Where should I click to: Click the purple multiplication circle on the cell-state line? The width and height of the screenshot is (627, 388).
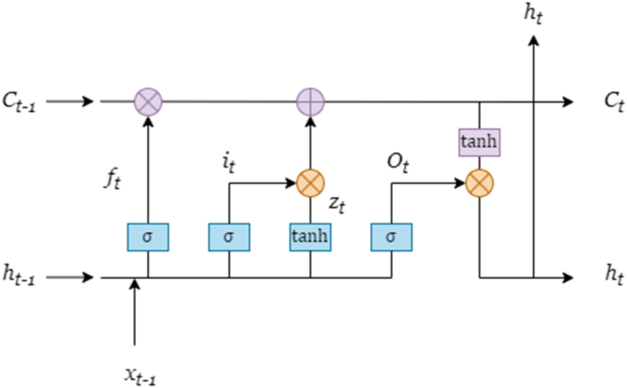(x=148, y=102)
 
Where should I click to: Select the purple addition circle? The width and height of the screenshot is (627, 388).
(x=310, y=102)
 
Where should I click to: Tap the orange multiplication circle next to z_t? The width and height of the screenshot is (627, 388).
(x=310, y=183)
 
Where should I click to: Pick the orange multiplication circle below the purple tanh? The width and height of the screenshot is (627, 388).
(x=479, y=183)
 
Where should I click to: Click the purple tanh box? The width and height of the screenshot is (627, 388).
(x=479, y=142)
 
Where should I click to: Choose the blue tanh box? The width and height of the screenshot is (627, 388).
(x=310, y=237)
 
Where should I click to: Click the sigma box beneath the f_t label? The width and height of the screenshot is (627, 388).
(x=148, y=237)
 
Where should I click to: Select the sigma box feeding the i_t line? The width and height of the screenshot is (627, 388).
(x=229, y=237)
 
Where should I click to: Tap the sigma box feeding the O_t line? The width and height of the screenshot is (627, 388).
(x=391, y=237)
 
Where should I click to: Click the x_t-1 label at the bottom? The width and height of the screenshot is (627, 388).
(x=140, y=376)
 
